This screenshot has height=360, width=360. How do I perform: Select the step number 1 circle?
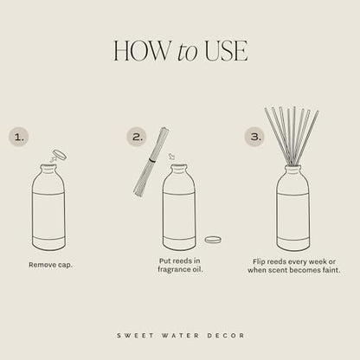[x=19, y=136]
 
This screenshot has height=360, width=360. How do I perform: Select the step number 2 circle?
[x=136, y=136]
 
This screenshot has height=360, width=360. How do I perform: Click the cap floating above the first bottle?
[x=59, y=156]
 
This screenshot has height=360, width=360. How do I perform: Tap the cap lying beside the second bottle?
[x=213, y=240]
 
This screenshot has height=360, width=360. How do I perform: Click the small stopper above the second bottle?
[x=171, y=157]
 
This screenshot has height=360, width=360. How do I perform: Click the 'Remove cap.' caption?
[x=51, y=264]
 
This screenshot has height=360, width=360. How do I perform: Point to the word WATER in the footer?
[x=180, y=334]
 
